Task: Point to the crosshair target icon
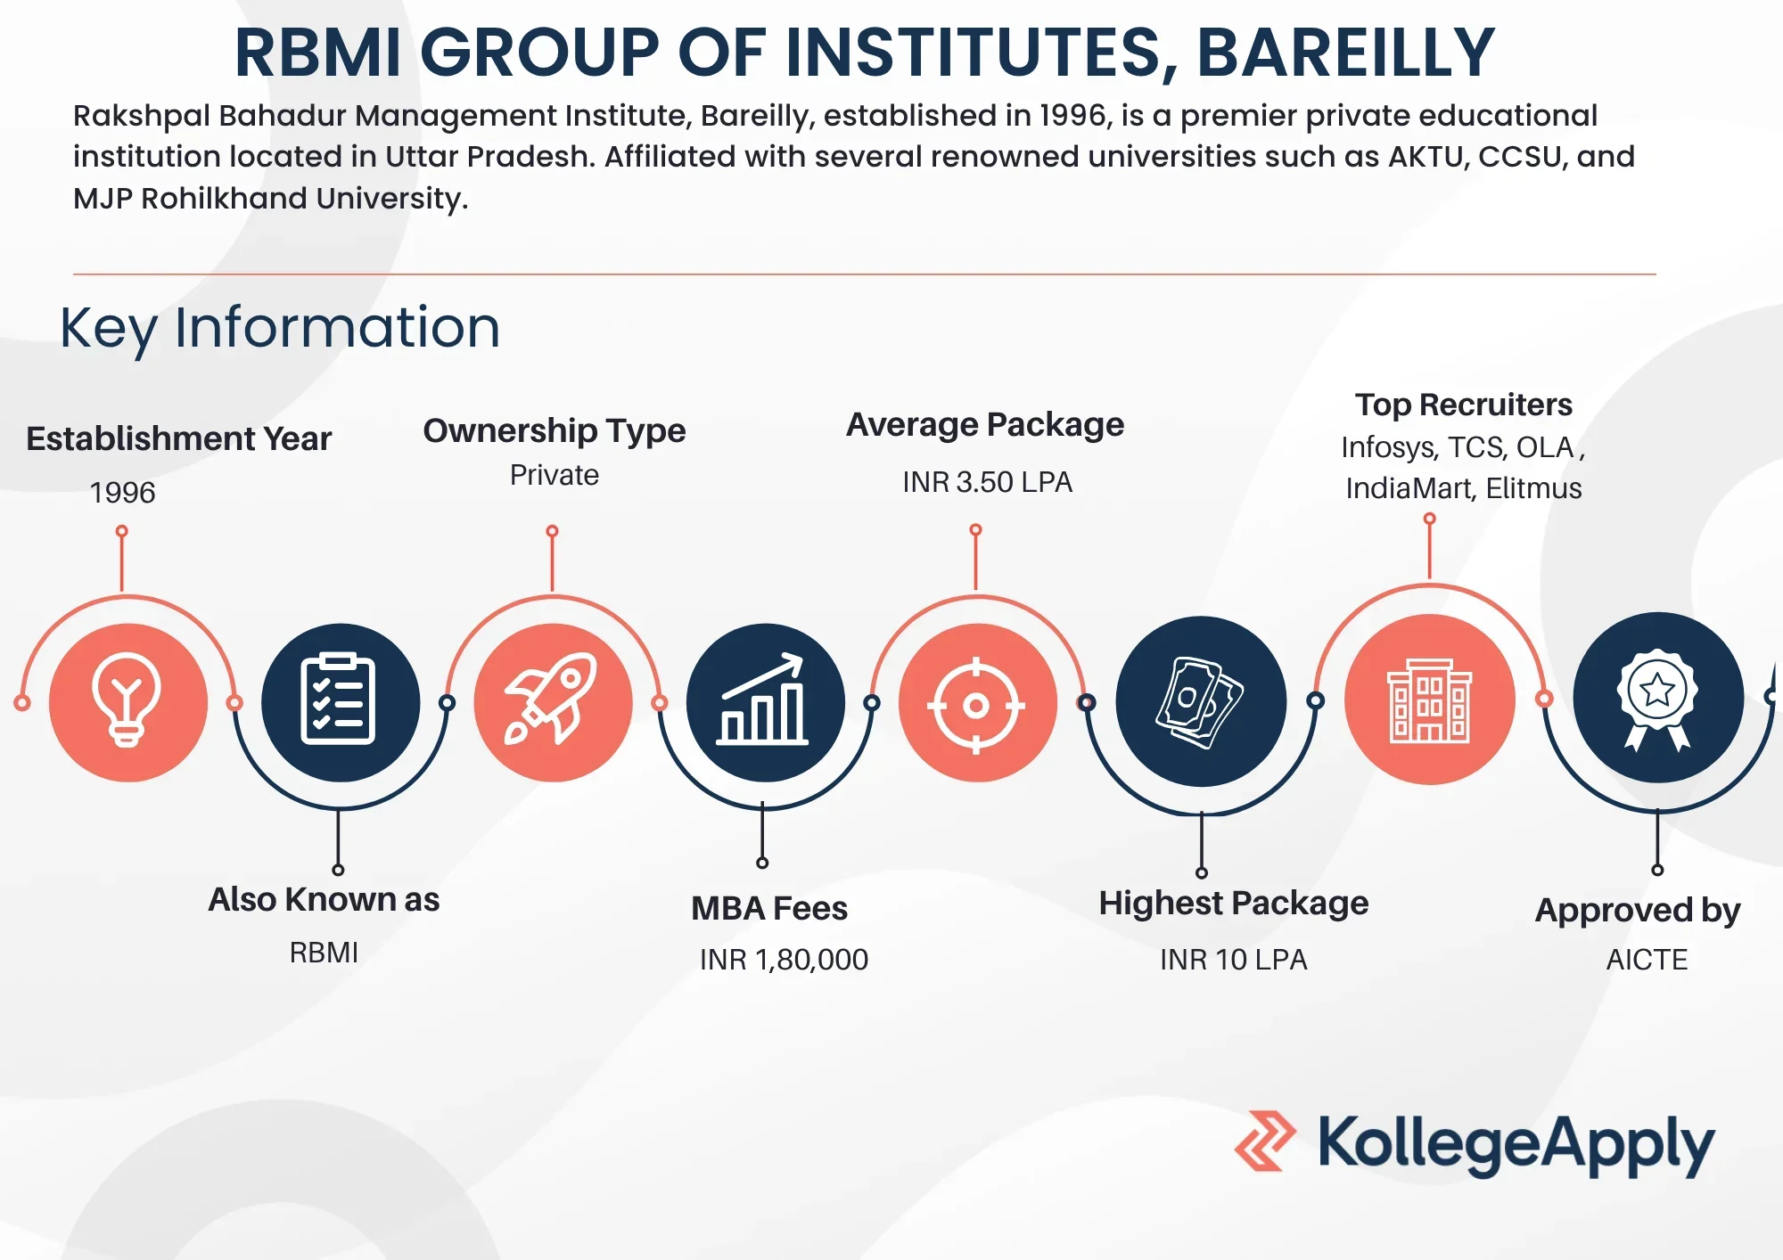977,704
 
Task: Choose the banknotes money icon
1200,701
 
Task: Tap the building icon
1429,701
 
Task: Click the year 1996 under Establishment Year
122,492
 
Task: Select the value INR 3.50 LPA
987,482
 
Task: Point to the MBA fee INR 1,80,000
784,960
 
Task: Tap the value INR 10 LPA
1233,960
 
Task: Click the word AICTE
1647,960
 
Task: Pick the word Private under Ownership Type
554,475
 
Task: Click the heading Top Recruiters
1464,405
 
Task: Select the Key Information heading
280,327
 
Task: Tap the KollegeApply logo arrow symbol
1265,1141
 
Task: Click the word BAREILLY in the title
1344,53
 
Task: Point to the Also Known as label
324,900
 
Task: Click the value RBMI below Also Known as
324,953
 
